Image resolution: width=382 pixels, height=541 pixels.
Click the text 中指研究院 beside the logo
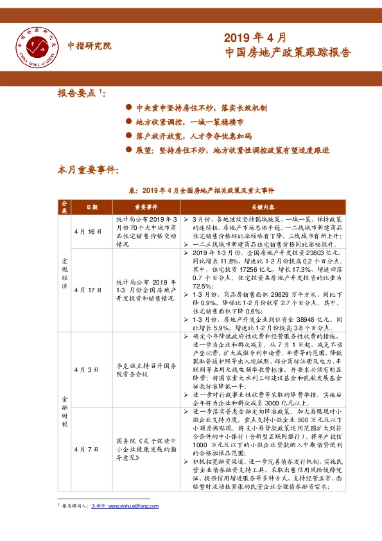[x=89, y=46]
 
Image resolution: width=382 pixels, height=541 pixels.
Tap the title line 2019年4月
[x=255, y=37]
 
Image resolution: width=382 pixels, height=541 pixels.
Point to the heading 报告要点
[x=80, y=93]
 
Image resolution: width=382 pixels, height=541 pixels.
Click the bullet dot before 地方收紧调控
[x=129, y=122]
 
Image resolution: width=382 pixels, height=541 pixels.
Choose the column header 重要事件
[x=145, y=208]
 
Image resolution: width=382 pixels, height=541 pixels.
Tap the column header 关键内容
[x=263, y=208]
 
